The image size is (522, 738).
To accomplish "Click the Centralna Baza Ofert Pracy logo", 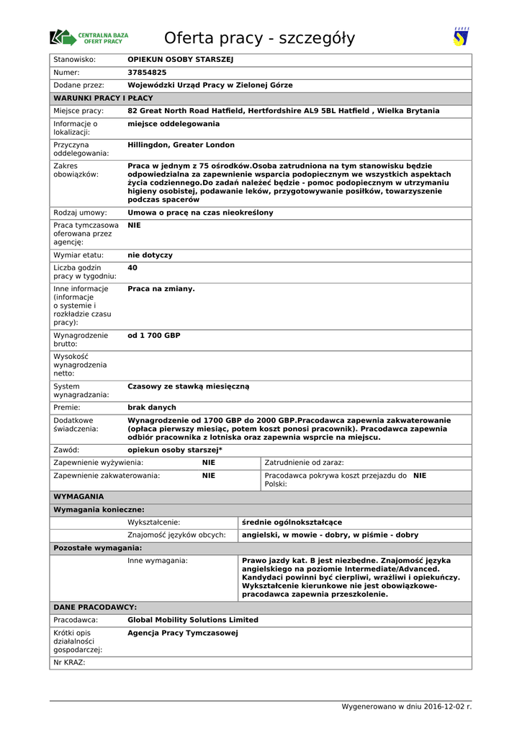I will [x=89, y=37].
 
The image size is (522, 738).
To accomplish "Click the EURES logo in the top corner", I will [x=461, y=37].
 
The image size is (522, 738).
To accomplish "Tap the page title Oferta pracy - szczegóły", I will [x=259, y=38].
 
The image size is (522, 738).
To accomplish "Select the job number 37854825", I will [x=147, y=73].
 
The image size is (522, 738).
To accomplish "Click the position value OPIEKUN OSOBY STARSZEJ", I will [x=181, y=60].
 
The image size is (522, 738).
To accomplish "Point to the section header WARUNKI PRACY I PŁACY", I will [x=103, y=98].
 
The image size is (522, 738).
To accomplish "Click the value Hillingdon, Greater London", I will [x=181, y=145].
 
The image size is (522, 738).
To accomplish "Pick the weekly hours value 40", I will [x=132, y=268].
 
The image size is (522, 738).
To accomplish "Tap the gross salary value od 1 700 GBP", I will [x=154, y=336].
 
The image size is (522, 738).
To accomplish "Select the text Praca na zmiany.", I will [x=161, y=289].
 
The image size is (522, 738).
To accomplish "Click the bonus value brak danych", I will [x=152, y=408].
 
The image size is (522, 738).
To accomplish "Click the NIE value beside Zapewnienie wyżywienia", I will [x=209, y=463].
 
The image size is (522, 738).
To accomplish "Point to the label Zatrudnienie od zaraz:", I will [x=304, y=463].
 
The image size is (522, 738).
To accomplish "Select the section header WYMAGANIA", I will [x=78, y=497].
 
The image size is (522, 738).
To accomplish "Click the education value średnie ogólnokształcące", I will [x=292, y=523].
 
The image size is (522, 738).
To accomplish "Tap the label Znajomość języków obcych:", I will [x=176, y=535].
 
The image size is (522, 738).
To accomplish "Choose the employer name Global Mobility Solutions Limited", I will [x=193, y=620].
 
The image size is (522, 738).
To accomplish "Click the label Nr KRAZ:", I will [x=69, y=662].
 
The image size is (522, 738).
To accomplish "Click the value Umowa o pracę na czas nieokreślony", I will [x=200, y=213].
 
